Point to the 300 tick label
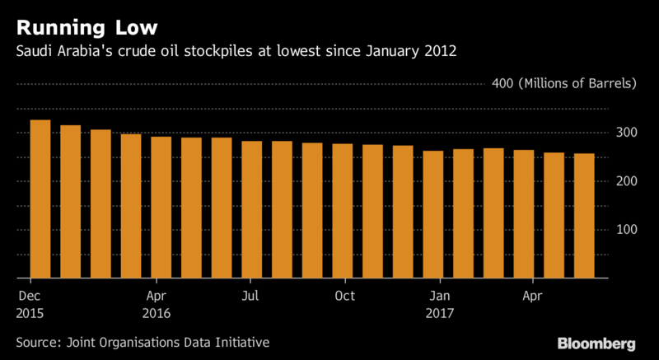click(628, 133)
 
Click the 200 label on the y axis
click(628, 181)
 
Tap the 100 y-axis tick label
click(628, 230)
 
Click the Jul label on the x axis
click(251, 296)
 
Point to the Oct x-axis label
click(344, 296)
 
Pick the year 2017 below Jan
click(440, 313)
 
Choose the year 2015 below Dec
click(30, 313)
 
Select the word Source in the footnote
click(37, 341)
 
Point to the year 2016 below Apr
click(157, 313)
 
